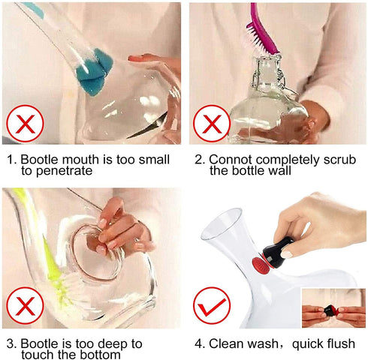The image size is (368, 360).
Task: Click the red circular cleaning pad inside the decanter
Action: pyautogui.click(x=258, y=264)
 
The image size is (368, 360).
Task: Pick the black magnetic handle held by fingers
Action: pyautogui.click(x=281, y=248)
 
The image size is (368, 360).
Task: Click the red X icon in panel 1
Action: pyautogui.click(x=26, y=123)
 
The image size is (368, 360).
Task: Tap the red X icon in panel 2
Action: pyautogui.click(x=212, y=123)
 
